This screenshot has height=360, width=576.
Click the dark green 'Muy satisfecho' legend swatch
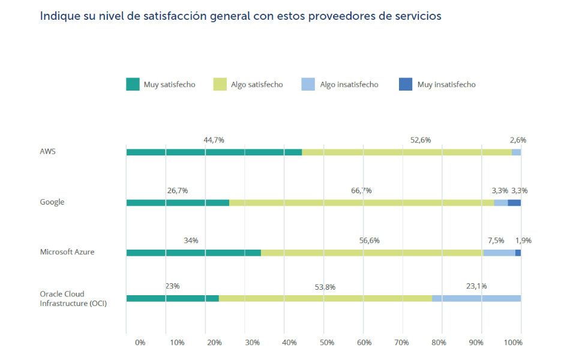pos(133,85)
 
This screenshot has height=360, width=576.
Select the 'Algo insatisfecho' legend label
pos(349,85)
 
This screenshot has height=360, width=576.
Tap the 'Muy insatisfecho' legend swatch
pos(406,85)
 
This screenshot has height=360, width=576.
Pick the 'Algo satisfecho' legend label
pos(257,85)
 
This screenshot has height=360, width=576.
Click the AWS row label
pos(48,152)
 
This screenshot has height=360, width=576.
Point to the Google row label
pos(52,202)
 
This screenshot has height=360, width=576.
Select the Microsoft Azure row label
pos(67,252)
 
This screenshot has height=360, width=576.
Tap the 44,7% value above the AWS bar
pos(214,140)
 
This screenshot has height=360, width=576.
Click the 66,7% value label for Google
pos(361,190)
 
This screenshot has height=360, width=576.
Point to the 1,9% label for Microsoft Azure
pos(523,241)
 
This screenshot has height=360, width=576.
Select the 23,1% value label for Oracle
pos(476,286)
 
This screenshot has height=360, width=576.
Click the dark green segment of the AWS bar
pos(214,152)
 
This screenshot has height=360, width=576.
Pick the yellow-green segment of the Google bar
pos(361,203)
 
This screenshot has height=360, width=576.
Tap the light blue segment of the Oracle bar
pos(476,298)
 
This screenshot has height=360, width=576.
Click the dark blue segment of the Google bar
pos(514,203)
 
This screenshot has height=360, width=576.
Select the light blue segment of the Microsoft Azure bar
pos(499,253)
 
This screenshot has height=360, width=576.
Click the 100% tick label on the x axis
pos(514,342)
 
